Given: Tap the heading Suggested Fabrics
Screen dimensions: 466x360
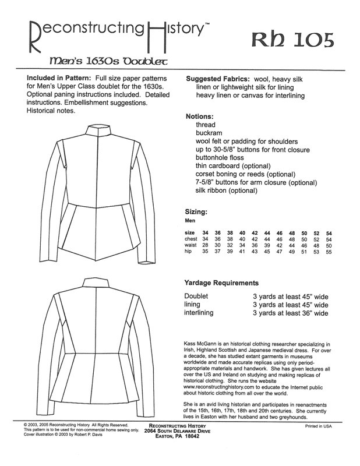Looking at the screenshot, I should [x=222, y=79].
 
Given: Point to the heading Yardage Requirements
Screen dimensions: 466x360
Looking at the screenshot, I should [x=222, y=283].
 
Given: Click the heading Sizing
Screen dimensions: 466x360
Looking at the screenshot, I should [x=197, y=212].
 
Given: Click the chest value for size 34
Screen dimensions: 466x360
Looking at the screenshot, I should [x=205, y=240].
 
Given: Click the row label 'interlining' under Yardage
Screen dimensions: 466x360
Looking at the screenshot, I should [x=199, y=313].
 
